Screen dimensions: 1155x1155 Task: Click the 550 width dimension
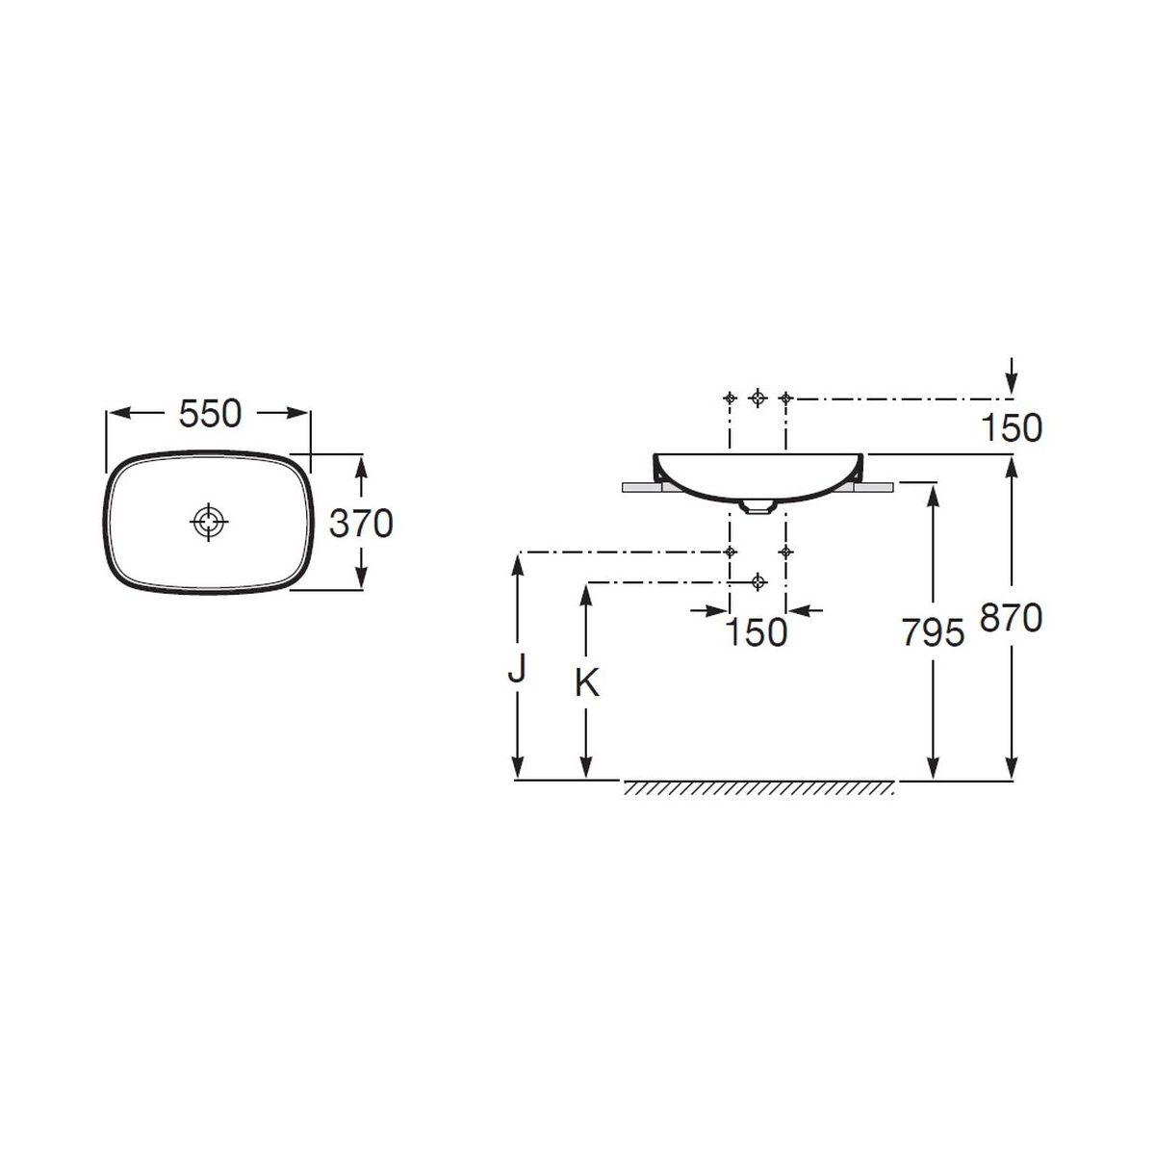210,414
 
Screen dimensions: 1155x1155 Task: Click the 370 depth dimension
361,523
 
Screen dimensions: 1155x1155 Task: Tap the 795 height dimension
934,633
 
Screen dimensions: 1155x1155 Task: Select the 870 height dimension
1012,617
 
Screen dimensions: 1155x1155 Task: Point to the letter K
587,682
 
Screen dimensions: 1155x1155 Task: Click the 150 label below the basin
756,632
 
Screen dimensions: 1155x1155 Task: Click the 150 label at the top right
1012,428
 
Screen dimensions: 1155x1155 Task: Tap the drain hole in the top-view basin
209,522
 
